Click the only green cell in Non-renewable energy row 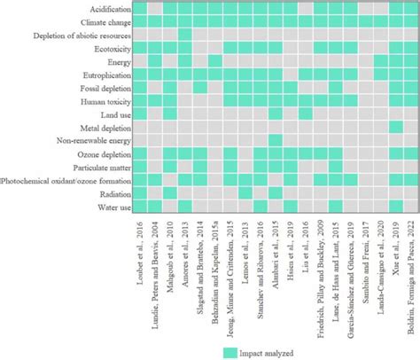point(275,141)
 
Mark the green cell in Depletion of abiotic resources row point(184,35)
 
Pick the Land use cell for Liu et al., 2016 point(306,114)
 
